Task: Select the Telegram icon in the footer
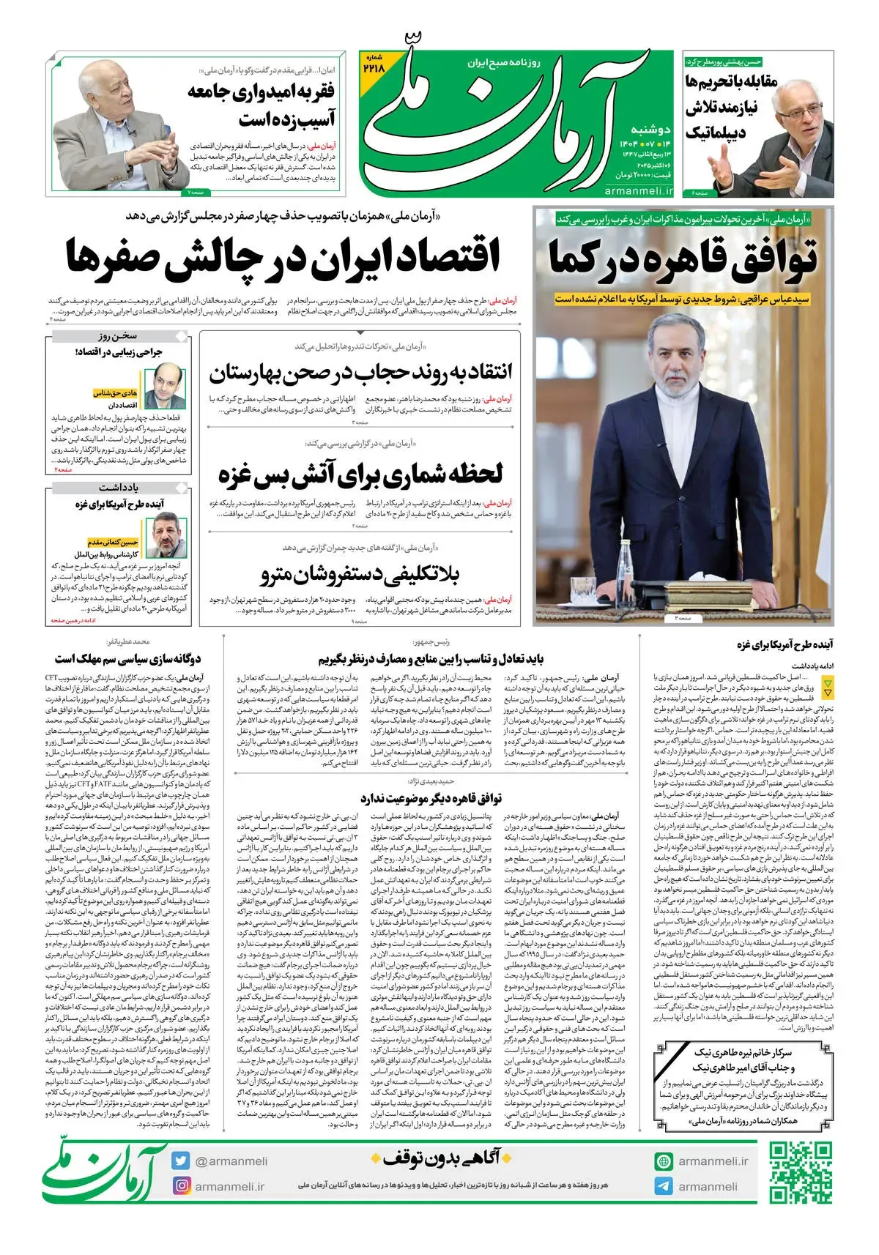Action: (664, 1186)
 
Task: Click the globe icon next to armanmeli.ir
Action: (664, 1161)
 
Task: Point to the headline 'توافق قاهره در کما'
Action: (683, 260)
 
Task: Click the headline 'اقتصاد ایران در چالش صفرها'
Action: (283, 258)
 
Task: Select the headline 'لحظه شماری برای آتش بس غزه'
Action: (360, 474)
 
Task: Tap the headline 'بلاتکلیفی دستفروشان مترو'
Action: (360, 575)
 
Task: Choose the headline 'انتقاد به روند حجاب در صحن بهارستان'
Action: (360, 373)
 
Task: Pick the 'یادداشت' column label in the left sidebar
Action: (119, 487)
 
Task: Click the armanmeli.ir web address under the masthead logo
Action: (639, 191)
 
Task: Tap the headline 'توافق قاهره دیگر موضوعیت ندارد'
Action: (431, 798)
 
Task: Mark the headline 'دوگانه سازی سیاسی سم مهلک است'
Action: (127, 659)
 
